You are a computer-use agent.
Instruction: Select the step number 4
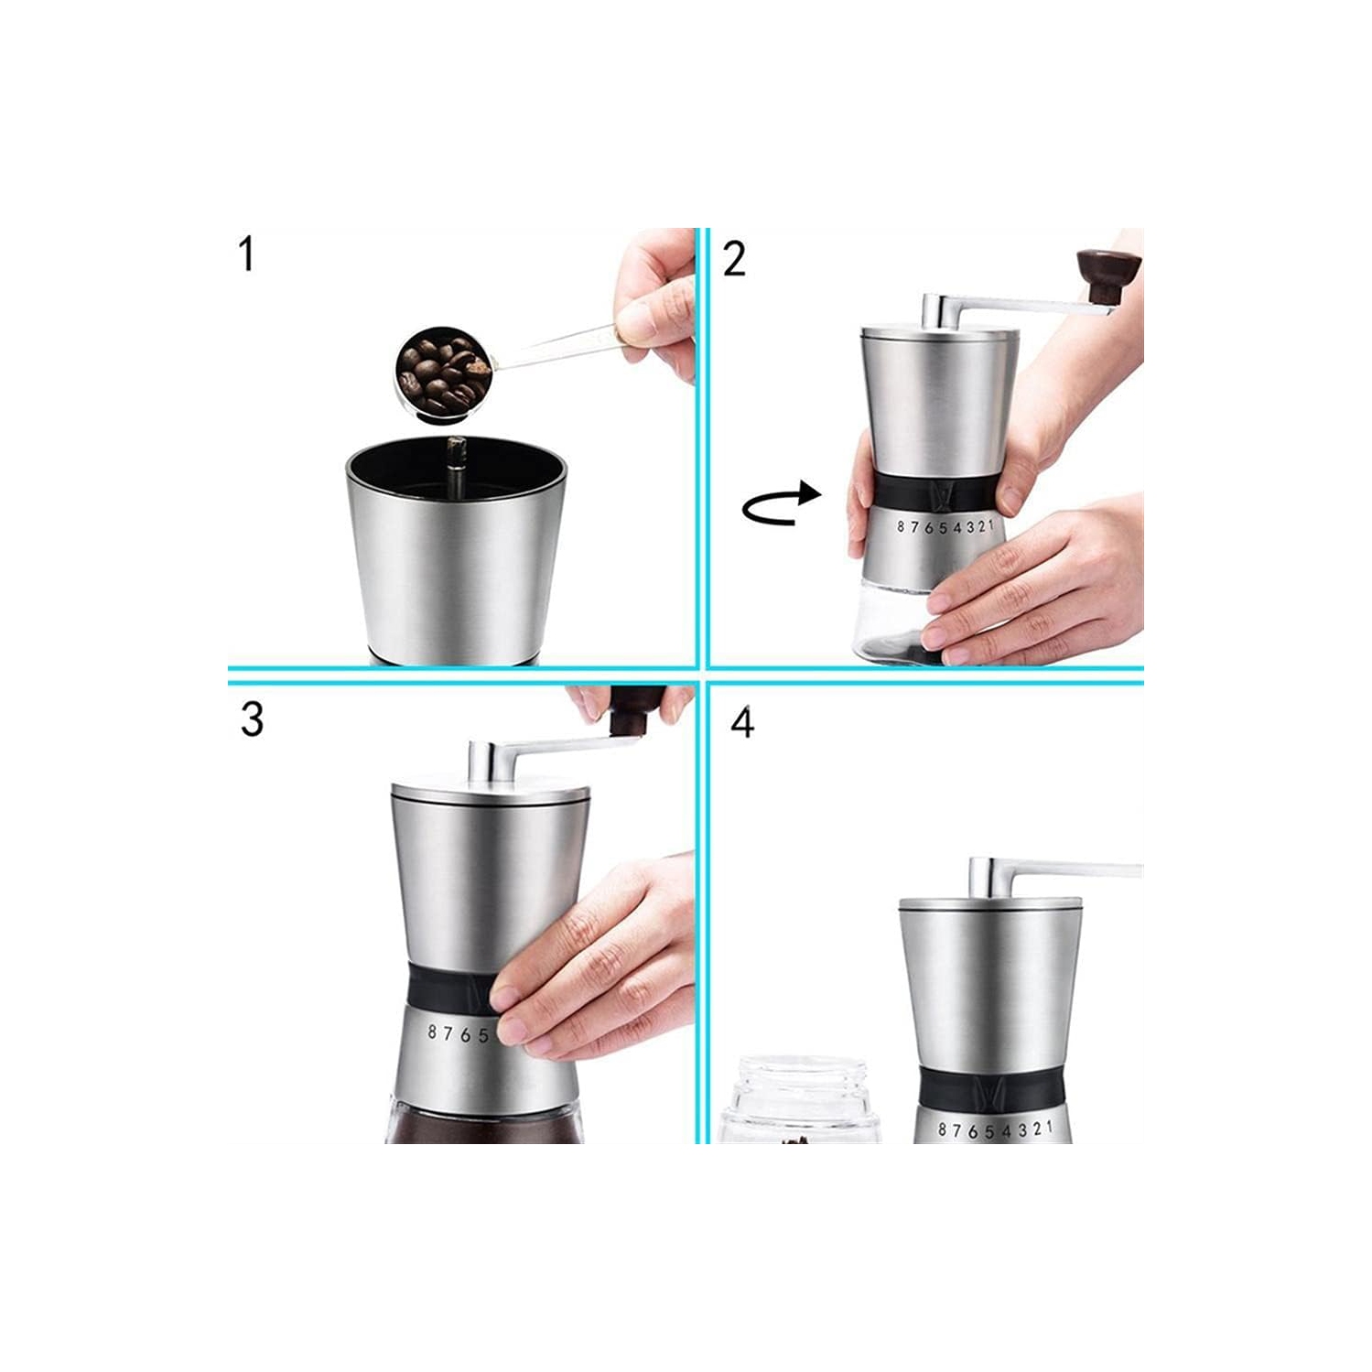click(x=742, y=722)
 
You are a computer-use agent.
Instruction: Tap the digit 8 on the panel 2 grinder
click(x=901, y=526)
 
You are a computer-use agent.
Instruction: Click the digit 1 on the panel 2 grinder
click(x=989, y=524)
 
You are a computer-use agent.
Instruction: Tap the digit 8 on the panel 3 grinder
click(x=433, y=1032)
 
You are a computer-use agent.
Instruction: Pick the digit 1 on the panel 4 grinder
click(x=1049, y=1128)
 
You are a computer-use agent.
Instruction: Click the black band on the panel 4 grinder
click(x=991, y=1085)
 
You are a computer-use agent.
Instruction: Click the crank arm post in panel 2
click(x=934, y=310)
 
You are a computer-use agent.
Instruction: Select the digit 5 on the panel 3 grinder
click(x=482, y=1036)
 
